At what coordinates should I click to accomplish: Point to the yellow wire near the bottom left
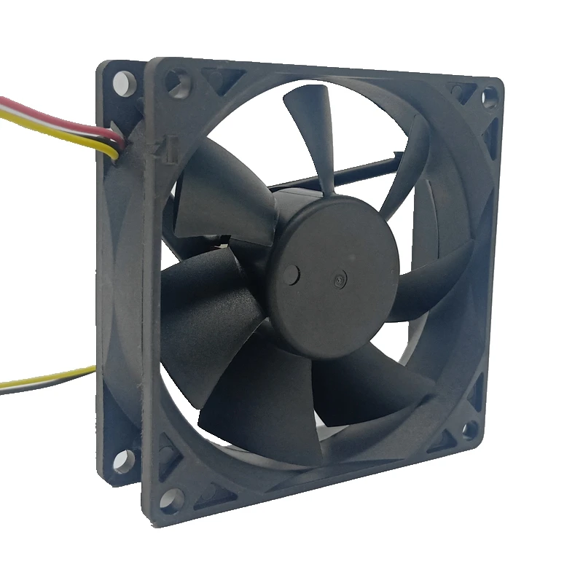44,380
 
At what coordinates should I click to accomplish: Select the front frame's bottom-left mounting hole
173,500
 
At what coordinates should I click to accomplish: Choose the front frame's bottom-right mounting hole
470,429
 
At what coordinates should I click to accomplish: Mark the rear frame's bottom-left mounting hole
122,458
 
